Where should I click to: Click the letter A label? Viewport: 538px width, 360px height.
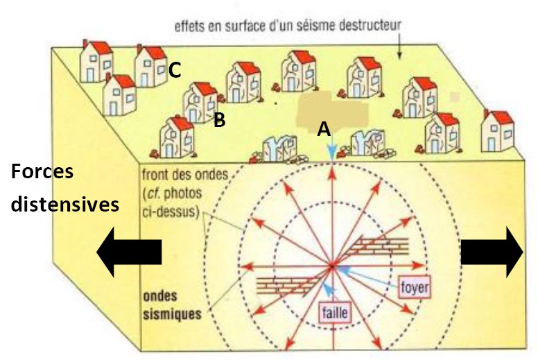[x=323, y=129]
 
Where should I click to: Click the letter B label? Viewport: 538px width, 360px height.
[x=219, y=120]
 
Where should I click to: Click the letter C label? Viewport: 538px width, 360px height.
[x=175, y=69]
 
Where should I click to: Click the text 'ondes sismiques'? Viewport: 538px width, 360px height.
[x=172, y=304]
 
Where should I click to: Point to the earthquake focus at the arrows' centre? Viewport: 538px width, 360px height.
[x=332, y=265]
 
